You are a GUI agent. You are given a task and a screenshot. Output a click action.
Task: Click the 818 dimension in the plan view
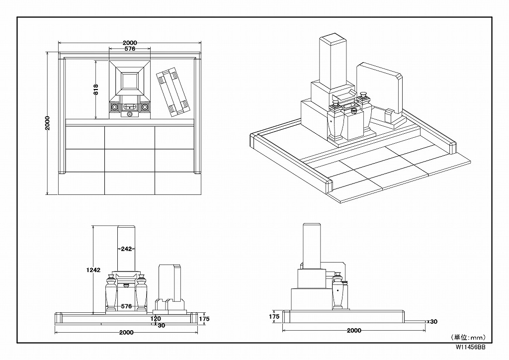pyautogui.click(x=96, y=90)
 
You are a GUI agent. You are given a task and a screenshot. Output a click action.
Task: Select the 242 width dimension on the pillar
pyautogui.click(x=126, y=249)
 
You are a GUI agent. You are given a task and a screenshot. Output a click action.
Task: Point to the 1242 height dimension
pyautogui.click(x=93, y=270)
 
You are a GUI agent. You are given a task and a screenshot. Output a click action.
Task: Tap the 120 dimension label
pyautogui.click(x=156, y=319)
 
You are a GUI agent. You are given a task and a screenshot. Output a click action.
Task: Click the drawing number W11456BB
pyautogui.click(x=470, y=347)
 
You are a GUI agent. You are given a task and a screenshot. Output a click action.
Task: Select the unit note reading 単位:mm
pyautogui.click(x=468, y=338)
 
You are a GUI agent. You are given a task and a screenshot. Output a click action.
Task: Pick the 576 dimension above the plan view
pyautogui.click(x=130, y=49)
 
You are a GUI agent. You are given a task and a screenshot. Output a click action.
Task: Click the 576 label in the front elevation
pyautogui.click(x=126, y=306)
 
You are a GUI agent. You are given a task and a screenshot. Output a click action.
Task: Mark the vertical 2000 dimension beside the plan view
pyautogui.click(x=47, y=123)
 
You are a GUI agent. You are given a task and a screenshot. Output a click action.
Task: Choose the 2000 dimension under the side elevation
pyautogui.click(x=354, y=331)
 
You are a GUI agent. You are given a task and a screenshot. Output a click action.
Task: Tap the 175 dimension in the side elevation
pyautogui.click(x=274, y=317)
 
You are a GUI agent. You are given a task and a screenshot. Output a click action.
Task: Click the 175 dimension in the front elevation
pyautogui.click(x=204, y=319)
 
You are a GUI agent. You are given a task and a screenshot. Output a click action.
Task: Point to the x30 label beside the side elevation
pyautogui.click(x=432, y=322)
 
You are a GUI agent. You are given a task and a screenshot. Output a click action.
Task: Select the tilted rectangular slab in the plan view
pyautogui.click(x=172, y=92)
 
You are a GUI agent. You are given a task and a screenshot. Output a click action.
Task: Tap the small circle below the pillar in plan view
pyautogui.click(x=130, y=114)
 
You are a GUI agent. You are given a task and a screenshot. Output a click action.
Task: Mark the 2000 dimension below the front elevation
pyautogui.click(x=126, y=333)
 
